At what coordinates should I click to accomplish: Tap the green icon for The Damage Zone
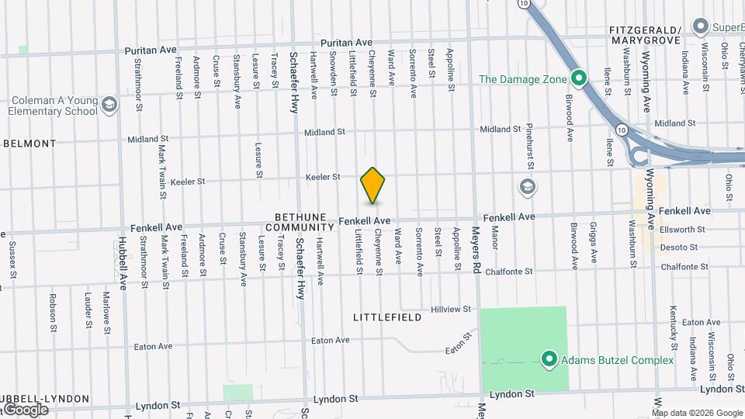point(578,78)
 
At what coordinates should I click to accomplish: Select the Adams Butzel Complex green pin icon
point(549,359)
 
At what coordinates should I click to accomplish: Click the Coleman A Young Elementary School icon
point(109,105)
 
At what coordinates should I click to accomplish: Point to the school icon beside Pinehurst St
point(528,187)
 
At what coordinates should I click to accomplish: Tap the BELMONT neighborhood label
point(30,144)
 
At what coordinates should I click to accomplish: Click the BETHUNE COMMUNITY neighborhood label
point(299,222)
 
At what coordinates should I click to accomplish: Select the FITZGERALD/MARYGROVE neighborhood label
point(645,34)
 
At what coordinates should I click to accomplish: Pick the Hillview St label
point(452,309)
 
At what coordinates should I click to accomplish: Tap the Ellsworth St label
point(683,230)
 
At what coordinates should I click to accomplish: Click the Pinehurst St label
point(530,146)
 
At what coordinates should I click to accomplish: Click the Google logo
point(26,409)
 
